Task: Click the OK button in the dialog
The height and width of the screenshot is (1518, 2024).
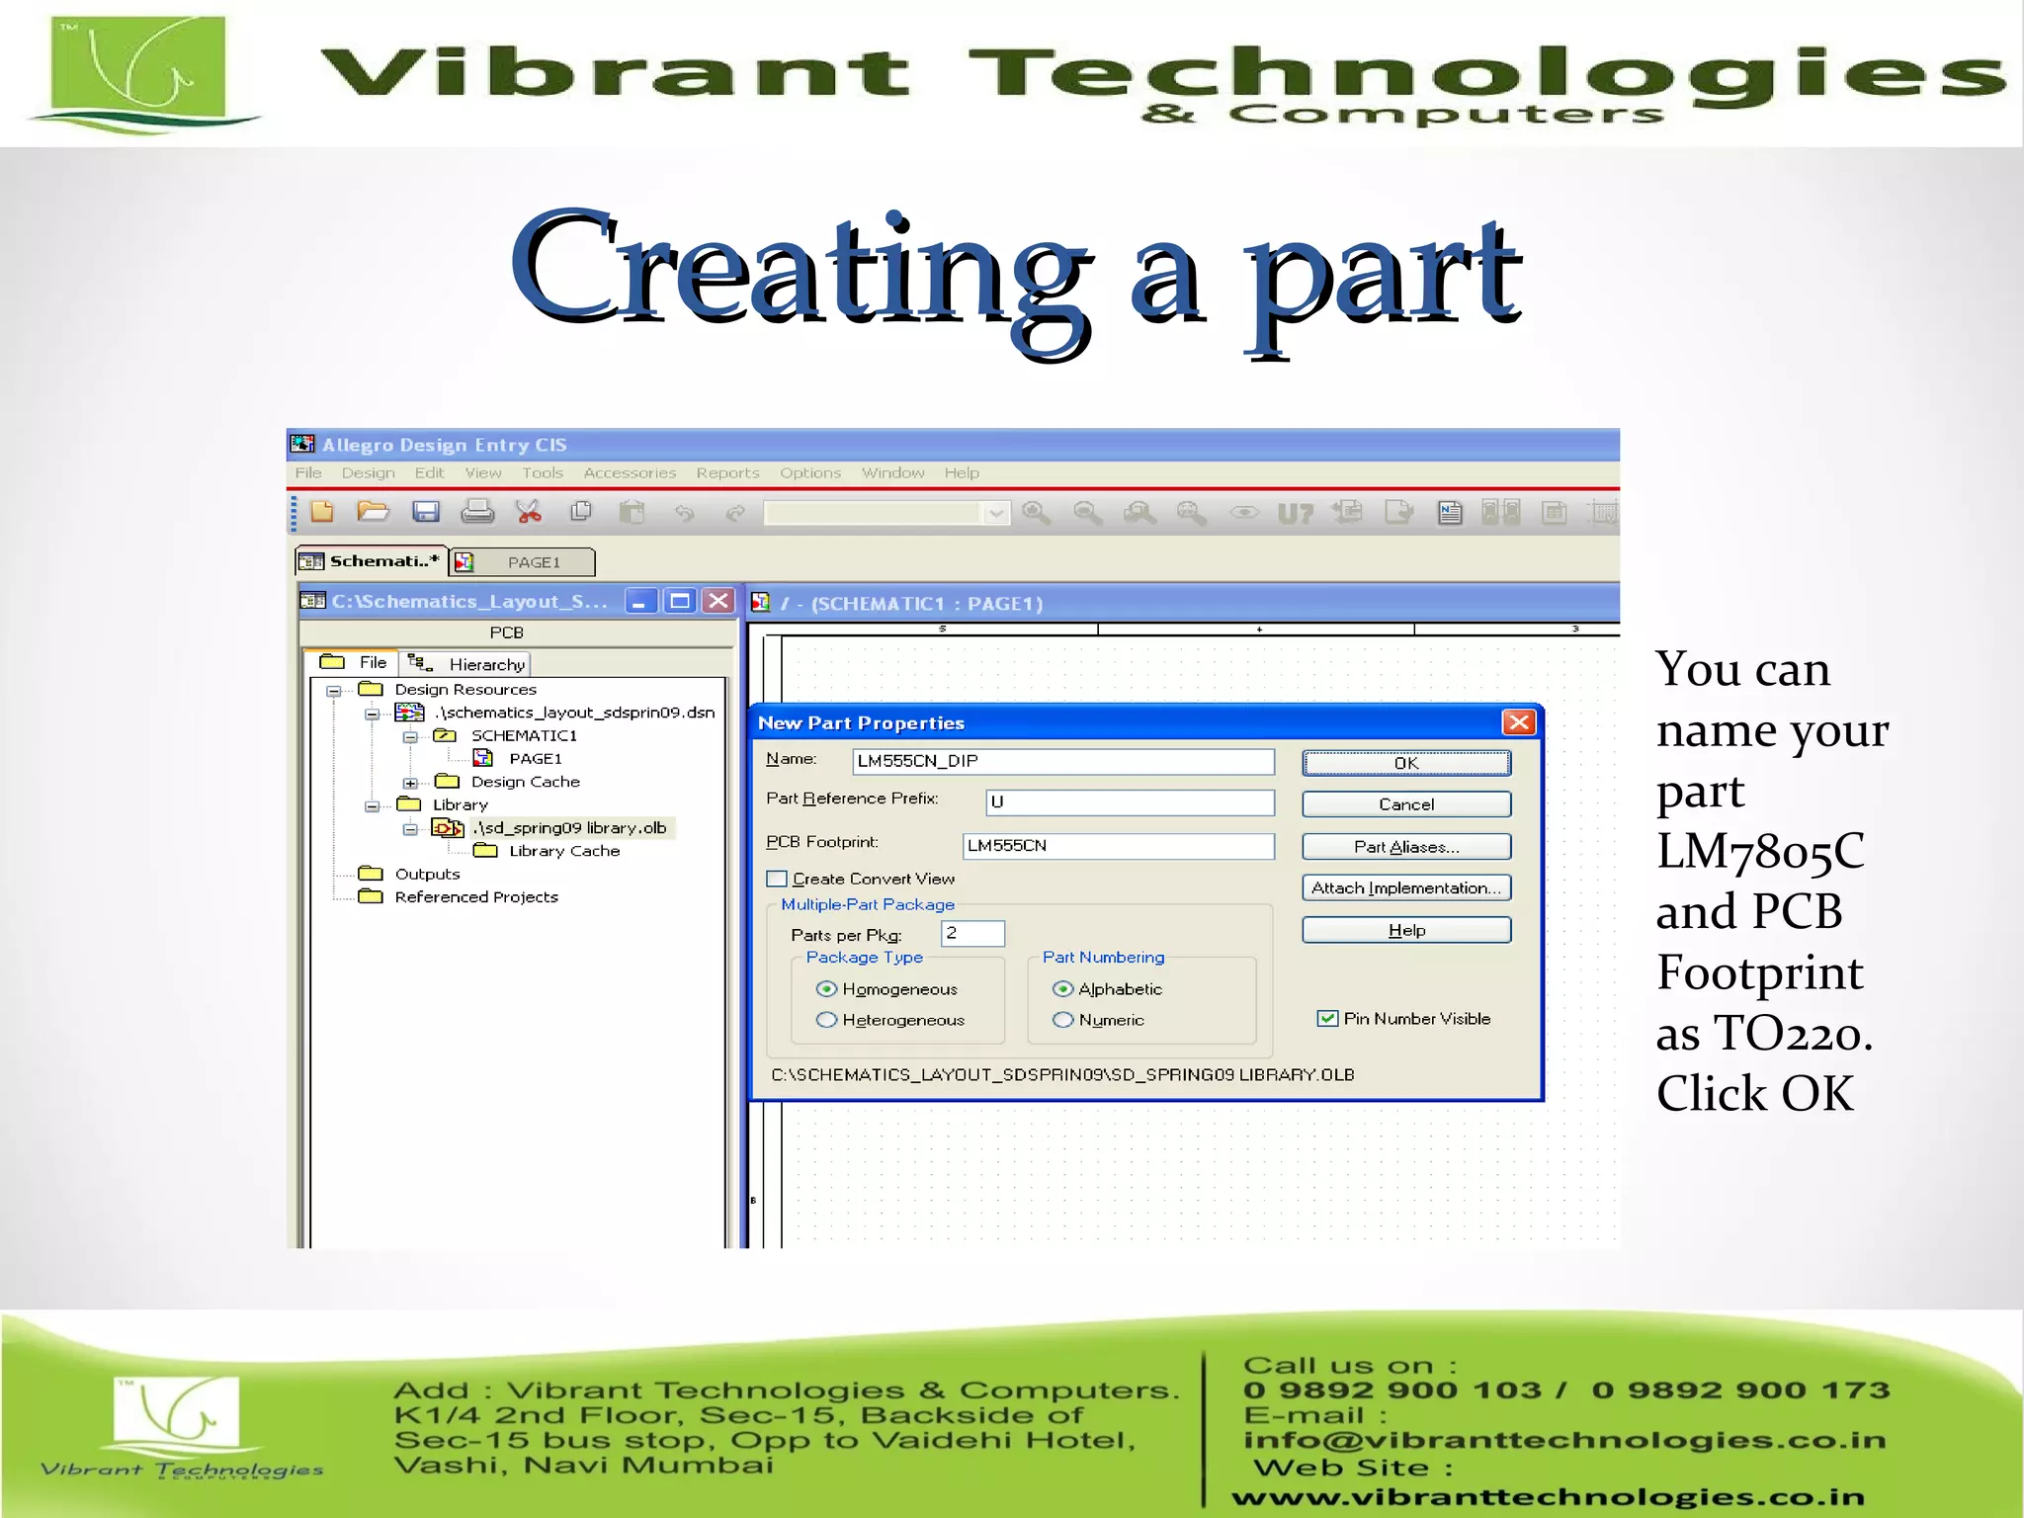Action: (1405, 763)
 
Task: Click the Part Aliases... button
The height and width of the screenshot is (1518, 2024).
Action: (1405, 847)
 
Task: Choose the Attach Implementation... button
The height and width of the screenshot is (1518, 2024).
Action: (1405, 888)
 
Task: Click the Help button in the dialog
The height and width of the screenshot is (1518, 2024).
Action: (1405, 931)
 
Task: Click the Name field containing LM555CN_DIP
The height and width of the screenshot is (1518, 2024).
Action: (1062, 761)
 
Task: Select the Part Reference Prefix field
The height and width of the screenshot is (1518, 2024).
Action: (1129, 802)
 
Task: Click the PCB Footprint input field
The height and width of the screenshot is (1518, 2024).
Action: (1118, 846)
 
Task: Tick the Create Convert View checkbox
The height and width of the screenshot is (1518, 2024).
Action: (778, 880)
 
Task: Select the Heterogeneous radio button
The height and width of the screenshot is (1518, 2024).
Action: (827, 1020)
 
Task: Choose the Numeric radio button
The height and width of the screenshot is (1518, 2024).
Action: (1063, 1020)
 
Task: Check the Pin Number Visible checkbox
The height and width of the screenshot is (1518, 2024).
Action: (1327, 1019)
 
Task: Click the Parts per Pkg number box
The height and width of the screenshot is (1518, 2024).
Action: (972, 934)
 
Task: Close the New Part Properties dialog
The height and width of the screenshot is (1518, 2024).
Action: (1518, 722)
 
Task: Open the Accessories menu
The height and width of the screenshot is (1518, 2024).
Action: (630, 473)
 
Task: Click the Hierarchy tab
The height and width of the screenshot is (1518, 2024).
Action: (469, 664)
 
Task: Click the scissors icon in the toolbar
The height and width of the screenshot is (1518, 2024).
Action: (529, 512)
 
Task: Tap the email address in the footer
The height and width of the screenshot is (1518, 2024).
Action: (1564, 1441)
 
